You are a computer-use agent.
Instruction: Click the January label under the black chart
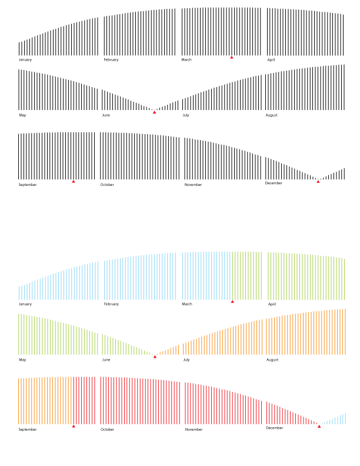click(x=25, y=59)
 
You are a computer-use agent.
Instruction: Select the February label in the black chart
click(x=111, y=59)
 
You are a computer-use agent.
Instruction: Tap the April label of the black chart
click(x=271, y=59)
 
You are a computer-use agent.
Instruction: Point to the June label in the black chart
click(x=106, y=115)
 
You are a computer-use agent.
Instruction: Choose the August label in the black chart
click(x=272, y=115)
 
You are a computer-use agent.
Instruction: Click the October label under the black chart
click(x=107, y=185)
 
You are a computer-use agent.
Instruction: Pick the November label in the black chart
click(x=194, y=185)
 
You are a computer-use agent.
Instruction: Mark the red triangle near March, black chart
click(x=232, y=57)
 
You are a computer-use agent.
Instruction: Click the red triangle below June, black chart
click(x=155, y=112)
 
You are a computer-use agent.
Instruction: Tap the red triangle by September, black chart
click(x=74, y=181)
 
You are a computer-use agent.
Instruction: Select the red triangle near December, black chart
click(x=318, y=181)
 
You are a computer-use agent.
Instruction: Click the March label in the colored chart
click(x=187, y=304)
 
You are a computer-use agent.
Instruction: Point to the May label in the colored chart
click(x=22, y=360)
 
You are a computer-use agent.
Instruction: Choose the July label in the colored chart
click(x=186, y=360)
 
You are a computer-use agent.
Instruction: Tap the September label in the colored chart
click(x=28, y=430)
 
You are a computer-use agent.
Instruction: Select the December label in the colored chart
click(x=275, y=428)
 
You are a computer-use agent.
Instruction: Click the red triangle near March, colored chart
click(x=232, y=301)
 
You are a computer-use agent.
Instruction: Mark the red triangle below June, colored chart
click(x=155, y=356)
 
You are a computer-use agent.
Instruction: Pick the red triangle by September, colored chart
click(x=74, y=426)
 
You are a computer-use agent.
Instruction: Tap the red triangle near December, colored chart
click(x=319, y=426)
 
